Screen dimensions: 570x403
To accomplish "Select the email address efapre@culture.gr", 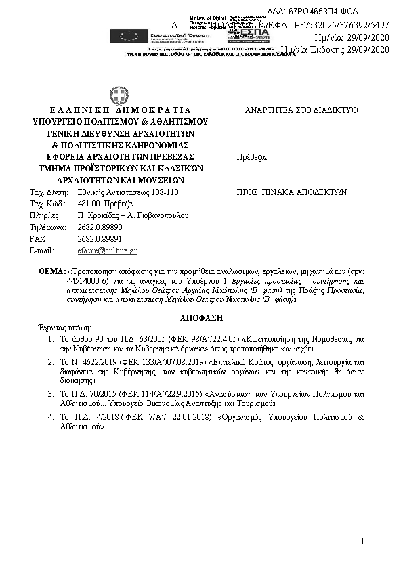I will pyautogui.click(x=108, y=250).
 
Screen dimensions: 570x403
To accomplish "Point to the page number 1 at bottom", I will pyautogui.click(x=363, y=541).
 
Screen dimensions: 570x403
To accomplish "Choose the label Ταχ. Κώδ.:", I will pyautogui.click(x=47, y=204).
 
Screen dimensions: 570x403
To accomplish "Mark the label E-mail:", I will pyautogui.click(x=42, y=250).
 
